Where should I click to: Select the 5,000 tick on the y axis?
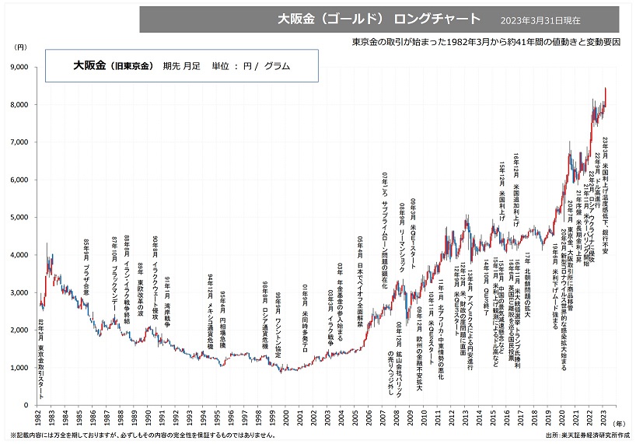click(17, 217)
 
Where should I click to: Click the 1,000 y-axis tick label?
click(17, 368)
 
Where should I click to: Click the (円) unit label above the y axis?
click(20, 48)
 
